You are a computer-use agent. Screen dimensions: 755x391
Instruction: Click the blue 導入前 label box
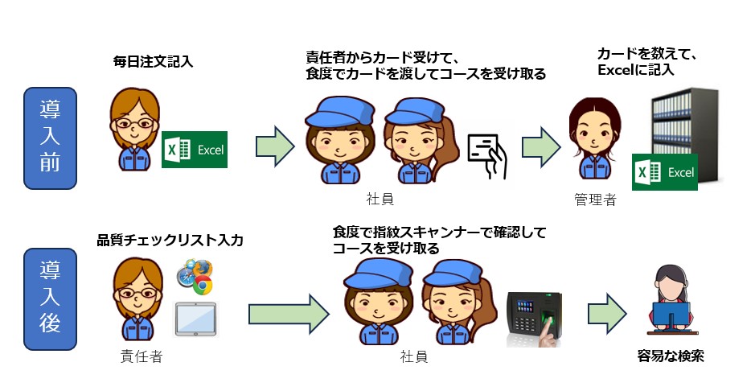[50, 138]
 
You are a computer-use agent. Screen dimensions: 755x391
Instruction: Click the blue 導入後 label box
[50, 299]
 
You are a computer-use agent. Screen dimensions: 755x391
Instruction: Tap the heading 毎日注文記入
[153, 62]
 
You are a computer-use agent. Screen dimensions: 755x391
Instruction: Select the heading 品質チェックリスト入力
[170, 240]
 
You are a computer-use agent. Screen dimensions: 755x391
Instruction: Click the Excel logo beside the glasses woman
[195, 150]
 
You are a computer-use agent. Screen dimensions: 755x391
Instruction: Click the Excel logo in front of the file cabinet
[665, 172]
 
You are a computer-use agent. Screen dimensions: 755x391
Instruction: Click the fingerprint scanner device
[535, 319]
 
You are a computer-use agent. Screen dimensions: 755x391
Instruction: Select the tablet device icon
[195, 319]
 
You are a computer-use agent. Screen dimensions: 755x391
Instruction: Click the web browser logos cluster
[195, 277]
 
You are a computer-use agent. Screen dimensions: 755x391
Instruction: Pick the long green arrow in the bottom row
[289, 315]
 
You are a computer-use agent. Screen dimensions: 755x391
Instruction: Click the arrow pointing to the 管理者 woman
[542, 147]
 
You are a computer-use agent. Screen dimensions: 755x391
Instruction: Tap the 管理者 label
[595, 200]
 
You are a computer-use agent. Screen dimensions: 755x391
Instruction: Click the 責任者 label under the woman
[142, 356]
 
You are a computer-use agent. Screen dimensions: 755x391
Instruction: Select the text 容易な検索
[671, 356]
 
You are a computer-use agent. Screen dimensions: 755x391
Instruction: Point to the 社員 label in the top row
[380, 199]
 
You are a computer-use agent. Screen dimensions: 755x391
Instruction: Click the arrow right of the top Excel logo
[275, 146]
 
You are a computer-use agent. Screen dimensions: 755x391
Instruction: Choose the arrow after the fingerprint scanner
[607, 314]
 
